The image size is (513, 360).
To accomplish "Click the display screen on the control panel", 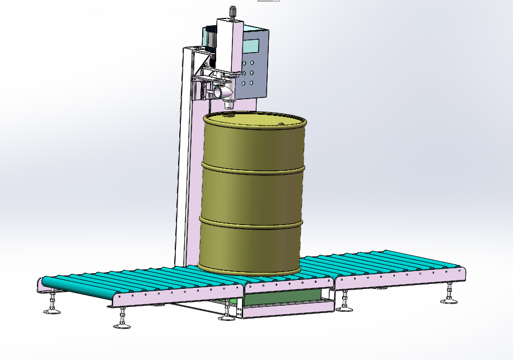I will point(251,46).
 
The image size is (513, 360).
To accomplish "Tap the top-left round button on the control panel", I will point(244,63).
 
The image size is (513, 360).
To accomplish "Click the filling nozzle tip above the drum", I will point(228,104).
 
